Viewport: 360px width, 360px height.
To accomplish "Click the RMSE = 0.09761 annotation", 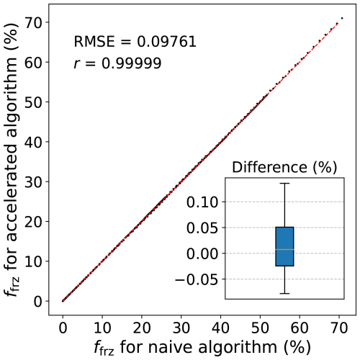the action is pyautogui.click(x=135, y=41).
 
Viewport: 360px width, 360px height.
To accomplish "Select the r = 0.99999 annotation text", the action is pyautogui.click(x=117, y=63).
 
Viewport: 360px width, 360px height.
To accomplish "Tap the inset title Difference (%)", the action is pyautogui.click(x=284, y=167).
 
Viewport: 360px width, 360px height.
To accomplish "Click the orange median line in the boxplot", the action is pyautogui.click(x=284, y=250).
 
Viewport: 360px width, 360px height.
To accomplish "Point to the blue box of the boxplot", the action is pyautogui.click(x=284, y=246).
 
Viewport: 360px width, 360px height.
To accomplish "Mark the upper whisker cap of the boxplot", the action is pyautogui.click(x=284, y=184).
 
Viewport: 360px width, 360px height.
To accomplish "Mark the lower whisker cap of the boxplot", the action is pyautogui.click(x=284, y=294).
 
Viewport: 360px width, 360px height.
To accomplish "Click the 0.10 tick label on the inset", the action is pyautogui.click(x=202, y=202).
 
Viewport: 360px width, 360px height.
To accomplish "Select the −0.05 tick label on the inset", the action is pyautogui.click(x=197, y=279).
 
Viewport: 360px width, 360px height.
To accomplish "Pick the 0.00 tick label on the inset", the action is pyautogui.click(x=202, y=253).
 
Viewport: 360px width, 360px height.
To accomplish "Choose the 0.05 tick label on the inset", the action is pyautogui.click(x=202, y=228).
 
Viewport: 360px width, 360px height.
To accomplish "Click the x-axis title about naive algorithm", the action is pyautogui.click(x=202, y=348).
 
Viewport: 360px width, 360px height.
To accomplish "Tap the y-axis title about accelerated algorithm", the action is pyautogui.click(x=12, y=160).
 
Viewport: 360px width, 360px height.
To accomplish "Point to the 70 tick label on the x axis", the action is pyautogui.click(x=339, y=328).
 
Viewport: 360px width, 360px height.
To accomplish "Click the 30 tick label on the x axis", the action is pyautogui.click(x=181, y=328).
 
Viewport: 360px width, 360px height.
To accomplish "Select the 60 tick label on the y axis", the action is pyautogui.click(x=34, y=62).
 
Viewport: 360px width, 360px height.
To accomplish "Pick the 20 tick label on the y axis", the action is pyautogui.click(x=34, y=221).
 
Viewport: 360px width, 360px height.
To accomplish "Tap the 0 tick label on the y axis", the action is pyautogui.click(x=38, y=301).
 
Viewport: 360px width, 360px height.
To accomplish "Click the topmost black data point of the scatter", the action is pyautogui.click(x=342, y=18).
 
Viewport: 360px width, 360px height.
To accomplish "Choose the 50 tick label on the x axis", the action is pyautogui.click(x=260, y=328).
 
